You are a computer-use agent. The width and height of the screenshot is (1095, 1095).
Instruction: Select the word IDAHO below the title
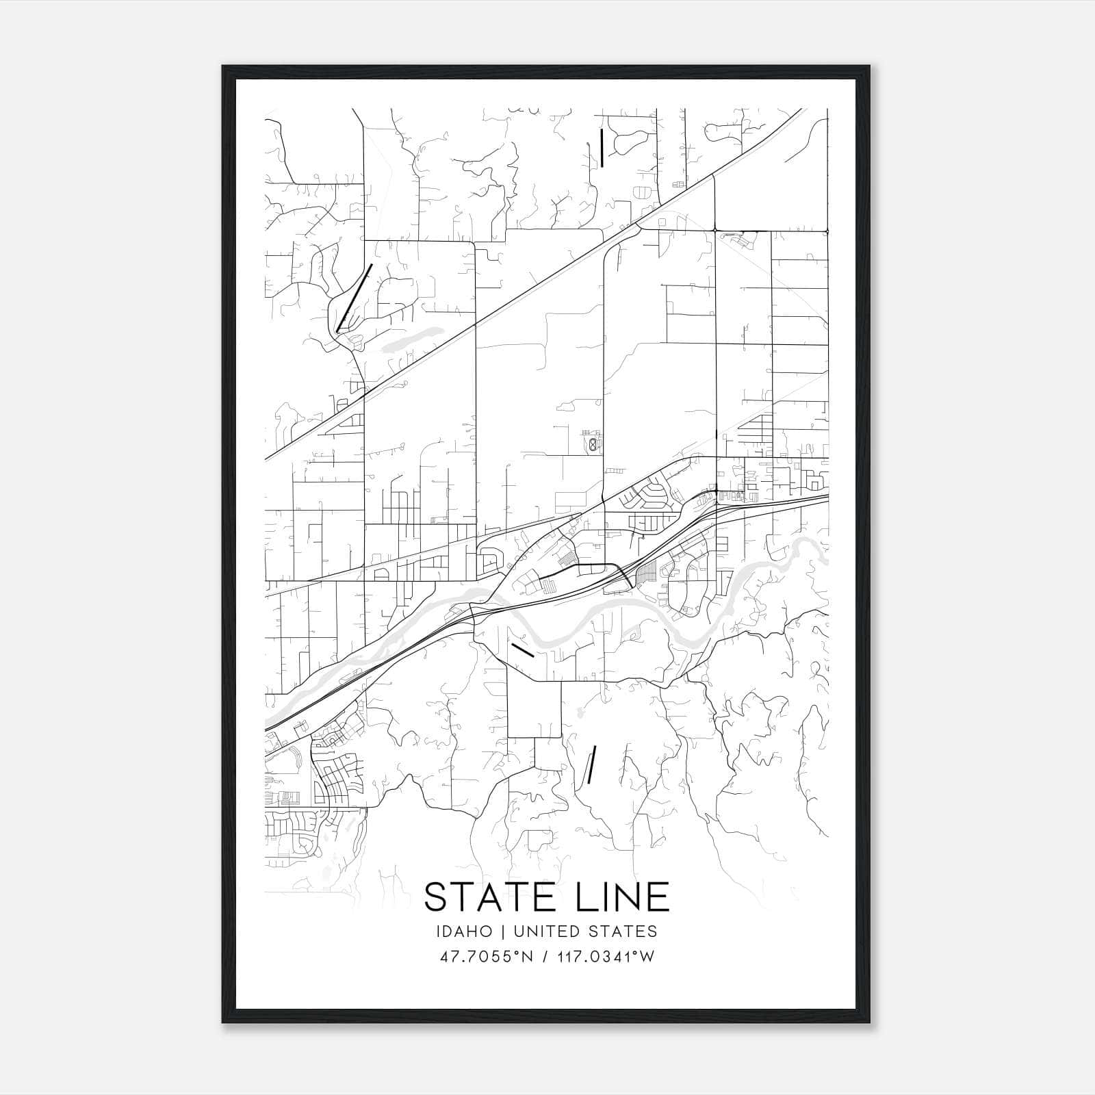tap(463, 931)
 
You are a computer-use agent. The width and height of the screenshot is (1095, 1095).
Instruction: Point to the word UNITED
tap(546, 931)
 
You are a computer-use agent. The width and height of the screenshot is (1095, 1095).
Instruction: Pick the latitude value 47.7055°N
tap(487, 957)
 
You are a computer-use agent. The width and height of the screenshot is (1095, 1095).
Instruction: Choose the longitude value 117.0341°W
tap(604, 957)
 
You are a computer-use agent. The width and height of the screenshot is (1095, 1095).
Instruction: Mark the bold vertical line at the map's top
tap(602, 148)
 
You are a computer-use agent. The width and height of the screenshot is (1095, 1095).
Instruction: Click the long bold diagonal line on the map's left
tap(354, 298)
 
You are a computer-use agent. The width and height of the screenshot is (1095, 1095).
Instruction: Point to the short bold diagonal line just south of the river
tap(522, 649)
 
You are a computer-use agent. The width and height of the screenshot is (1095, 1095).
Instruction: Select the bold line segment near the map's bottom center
tap(591, 764)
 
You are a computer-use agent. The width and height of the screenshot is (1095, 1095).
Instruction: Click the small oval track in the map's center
tap(591, 445)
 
